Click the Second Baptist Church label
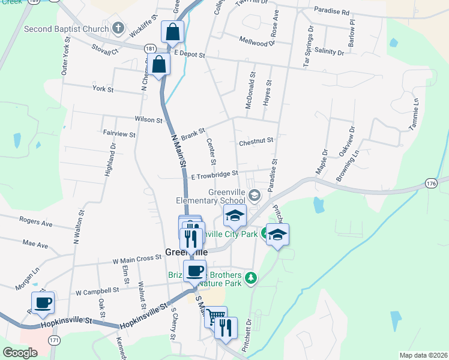67,29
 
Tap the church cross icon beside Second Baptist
118,28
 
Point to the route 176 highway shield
430,182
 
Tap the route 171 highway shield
55,340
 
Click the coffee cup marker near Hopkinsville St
43,303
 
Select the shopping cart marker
215,316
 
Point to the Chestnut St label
256,142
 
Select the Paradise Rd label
331,11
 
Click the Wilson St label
149,120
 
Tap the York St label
103,89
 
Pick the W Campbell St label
97,291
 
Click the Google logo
20,352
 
